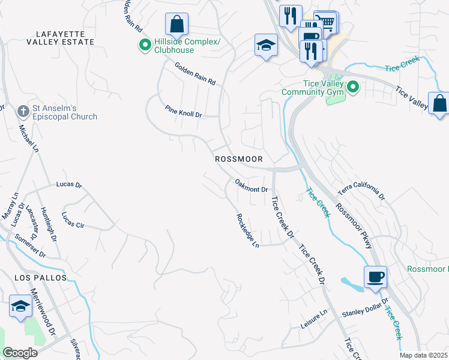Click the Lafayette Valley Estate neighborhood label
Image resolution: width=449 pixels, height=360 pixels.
tap(61, 38)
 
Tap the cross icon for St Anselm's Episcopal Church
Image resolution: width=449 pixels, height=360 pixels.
tap(23, 111)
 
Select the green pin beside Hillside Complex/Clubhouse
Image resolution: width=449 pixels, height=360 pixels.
tap(145, 45)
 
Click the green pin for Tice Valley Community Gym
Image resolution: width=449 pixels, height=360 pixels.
tap(353, 88)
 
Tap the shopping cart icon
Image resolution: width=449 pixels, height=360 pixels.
tap(326, 22)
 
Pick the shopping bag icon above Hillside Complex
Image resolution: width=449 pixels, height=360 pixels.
tap(177, 25)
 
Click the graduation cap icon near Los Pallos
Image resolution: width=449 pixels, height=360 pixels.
tap(20, 307)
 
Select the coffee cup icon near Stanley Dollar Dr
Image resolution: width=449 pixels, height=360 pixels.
tap(375, 277)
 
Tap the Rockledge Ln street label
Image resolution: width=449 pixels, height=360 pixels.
tap(247, 231)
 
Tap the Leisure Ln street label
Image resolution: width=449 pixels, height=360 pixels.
tap(315, 319)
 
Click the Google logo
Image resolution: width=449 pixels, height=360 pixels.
tap(20, 352)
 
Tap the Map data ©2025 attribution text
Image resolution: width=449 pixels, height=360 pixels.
tap(423, 355)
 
